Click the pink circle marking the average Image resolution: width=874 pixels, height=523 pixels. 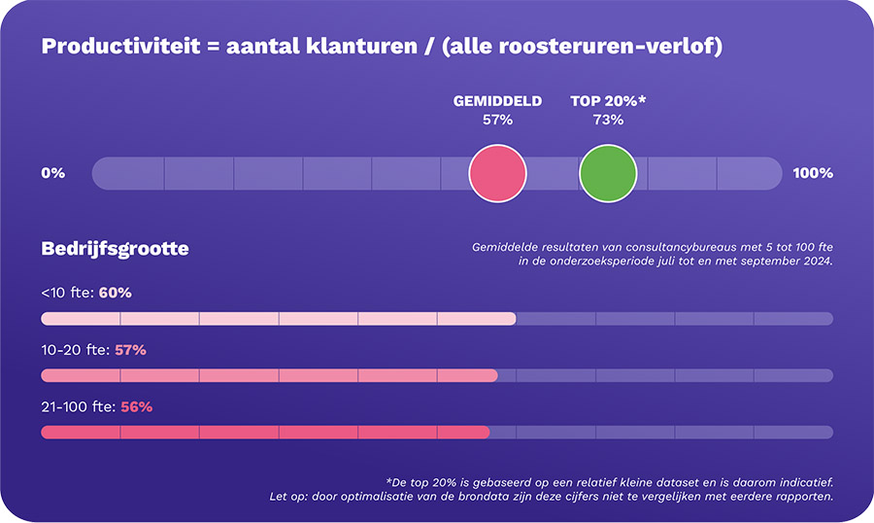(x=497, y=173)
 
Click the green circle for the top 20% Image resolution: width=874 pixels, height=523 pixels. (x=608, y=173)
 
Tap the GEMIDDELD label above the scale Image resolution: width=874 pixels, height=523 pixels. (x=497, y=101)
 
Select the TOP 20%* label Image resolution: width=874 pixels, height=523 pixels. (x=608, y=101)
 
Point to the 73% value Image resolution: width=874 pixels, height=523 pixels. (x=608, y=121)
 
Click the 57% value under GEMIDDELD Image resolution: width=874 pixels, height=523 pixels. (x=497, y=121)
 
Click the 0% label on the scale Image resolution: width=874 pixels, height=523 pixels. (x=52, y=173)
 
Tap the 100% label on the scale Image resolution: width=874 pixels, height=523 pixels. (x=813, y=173)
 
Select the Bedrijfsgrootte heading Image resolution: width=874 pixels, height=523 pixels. (x=115, y=249)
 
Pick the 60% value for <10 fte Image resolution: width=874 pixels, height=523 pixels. (x=115, y=293)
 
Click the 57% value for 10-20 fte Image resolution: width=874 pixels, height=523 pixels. (x=130, y=350)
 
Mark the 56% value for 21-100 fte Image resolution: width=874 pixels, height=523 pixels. (x=136, y=407)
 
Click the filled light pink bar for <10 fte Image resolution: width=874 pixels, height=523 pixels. (x=278, y=319)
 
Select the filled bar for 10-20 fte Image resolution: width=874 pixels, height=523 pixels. (x=269, y=375)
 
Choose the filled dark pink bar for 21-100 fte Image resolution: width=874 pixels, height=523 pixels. (x=264, y=433)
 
